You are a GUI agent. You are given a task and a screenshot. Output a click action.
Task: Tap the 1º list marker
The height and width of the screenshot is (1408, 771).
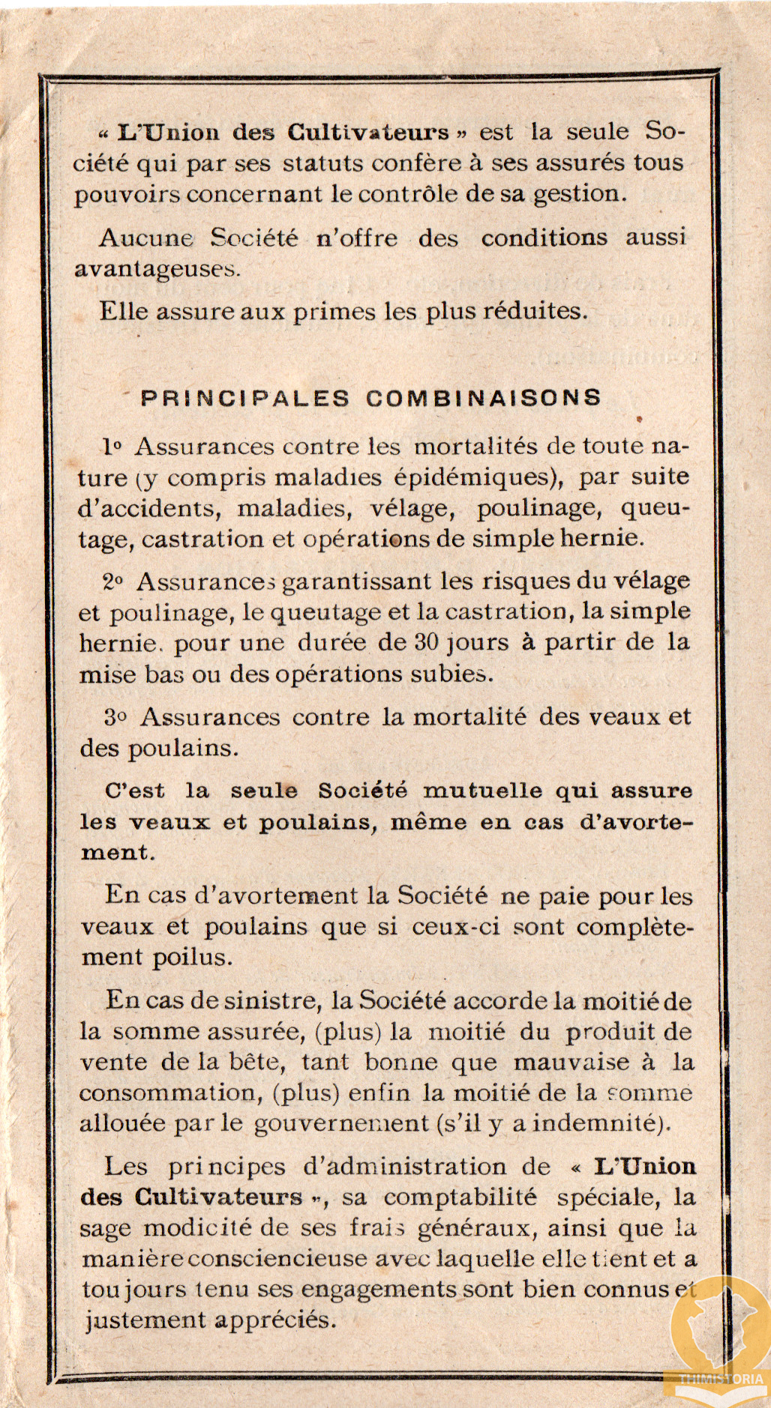point(112,447)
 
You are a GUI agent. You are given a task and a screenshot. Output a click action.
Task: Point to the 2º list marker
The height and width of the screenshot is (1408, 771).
point(112,581)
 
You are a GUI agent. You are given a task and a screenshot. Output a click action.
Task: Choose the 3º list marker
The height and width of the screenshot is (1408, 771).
point(115,717)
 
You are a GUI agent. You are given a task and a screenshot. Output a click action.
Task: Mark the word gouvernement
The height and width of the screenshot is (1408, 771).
point(341,1124)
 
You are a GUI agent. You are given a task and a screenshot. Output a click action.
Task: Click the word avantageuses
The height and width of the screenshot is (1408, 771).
point(157,269)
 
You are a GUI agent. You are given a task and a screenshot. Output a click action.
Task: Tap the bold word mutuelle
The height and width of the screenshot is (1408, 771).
point(483,791)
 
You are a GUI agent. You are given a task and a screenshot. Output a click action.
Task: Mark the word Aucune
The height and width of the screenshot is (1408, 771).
point(146,238)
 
